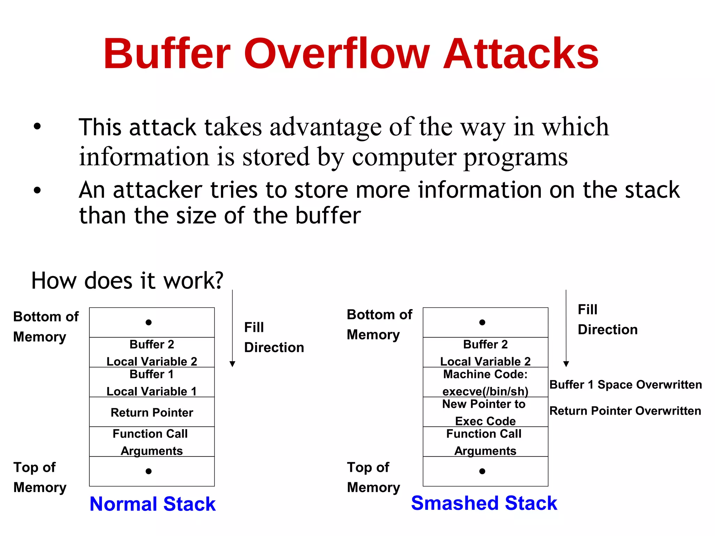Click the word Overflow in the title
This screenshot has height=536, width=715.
click(x=336, y=54)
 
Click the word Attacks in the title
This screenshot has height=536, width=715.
click(x=521, y=54)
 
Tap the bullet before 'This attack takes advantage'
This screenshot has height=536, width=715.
click(x=37, y=127)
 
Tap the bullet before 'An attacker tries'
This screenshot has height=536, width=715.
click(x=37, y=191)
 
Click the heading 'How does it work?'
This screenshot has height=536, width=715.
click(x=127, y=281)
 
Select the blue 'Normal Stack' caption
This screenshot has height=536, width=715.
click(x=153, y=504)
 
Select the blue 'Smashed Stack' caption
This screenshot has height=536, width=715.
click(x=484, y=503)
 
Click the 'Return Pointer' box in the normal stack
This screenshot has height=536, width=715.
click(x=152, y=412)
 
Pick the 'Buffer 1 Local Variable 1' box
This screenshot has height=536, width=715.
click(x=152, y=382)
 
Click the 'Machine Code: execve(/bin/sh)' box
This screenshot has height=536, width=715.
click(x=485, y=382)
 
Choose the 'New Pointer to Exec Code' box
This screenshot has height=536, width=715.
click(x=485, y=412)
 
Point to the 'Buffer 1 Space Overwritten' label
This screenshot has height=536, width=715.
click(x=625, y=385)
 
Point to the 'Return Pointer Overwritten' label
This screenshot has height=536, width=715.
click(x=625, y=411)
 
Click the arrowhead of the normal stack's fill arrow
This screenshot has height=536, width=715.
click(x=233, y=364)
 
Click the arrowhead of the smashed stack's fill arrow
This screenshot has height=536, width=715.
click(x=566, y=364)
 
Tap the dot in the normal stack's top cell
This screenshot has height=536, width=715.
click(x=149, y=322)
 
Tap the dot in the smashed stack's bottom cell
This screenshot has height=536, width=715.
click(x=482, y=471)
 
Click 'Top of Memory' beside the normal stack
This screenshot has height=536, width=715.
click(x=39, y=477)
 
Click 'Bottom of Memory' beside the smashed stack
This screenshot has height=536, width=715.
click(x=379, y=325)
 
